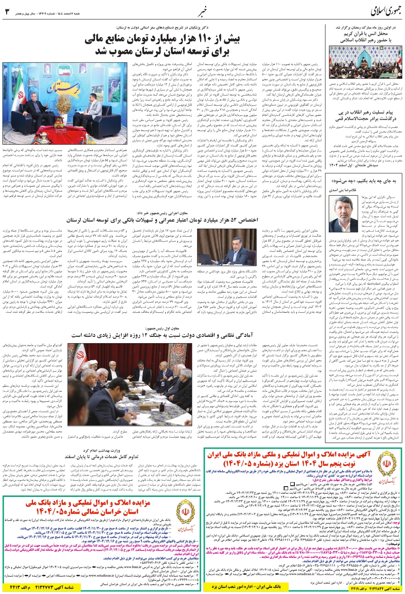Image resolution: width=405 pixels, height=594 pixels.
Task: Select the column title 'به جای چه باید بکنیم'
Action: click(x=366, y=180)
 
